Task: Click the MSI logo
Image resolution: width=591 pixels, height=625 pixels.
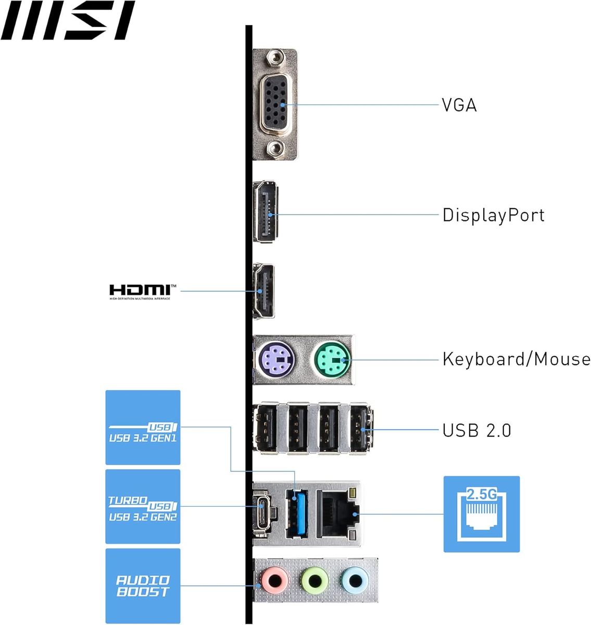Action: pyautogui.click(x=68, y=21)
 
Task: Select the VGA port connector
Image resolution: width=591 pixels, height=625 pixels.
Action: pyautogui.click(x=274, y=104)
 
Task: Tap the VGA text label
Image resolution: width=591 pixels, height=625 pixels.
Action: pyautogui.click(x=459, y=105)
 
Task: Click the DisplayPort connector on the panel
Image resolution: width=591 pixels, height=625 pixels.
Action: pyautogui.click(x=266, y=212)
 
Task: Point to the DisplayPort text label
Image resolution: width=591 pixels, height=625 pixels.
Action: pyautogui.click(x=493, y=215)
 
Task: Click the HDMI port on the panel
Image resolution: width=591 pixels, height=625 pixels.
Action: pyautogui.click(x=263, y=291)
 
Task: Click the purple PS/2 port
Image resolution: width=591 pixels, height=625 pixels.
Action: pyautogui.click(x=276, y=359)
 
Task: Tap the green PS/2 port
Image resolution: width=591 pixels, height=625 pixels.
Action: pyautogui.click(x=333, y=359)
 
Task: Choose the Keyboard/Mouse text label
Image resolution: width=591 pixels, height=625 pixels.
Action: pyautogui.click(x=516, y=359)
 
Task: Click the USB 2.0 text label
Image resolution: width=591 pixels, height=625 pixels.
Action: pyautogui.click(x=476, y=430)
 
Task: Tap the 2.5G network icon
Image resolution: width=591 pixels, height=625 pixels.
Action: pyautogui.click(x=481, y=514)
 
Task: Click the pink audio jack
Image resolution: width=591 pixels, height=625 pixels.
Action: pyautogui.click(x=274, y=580)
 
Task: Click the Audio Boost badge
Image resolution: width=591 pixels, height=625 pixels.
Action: pyautogui.click(x=143, y=586)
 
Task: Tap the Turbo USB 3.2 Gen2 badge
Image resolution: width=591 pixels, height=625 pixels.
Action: pyautogui.click(x=143, y=507)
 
